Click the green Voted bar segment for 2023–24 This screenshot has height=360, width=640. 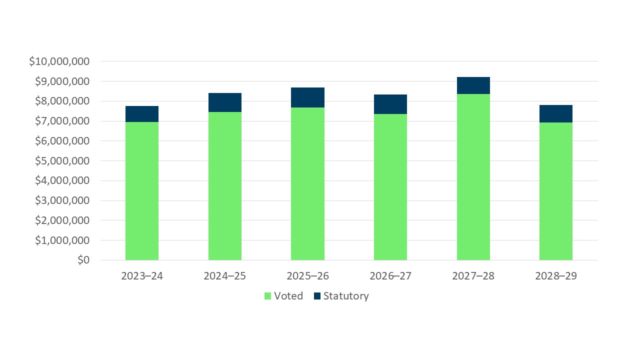(142, 191)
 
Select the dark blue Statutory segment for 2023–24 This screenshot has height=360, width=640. (142, 114)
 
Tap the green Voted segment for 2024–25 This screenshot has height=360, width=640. (225, 186)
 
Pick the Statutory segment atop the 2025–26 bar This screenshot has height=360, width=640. (307, 97)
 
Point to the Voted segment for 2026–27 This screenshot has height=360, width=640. (390, 187)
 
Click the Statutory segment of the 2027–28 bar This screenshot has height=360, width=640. (473, 85)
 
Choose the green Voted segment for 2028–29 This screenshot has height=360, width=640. (556, 191)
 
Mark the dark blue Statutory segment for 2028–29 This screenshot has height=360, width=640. (556, 114)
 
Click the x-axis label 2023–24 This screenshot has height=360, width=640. (142, 276)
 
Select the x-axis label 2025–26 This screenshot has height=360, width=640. (307, 276)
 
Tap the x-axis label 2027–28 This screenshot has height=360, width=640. (473, 276)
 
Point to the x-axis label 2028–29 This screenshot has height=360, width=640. (556, 276)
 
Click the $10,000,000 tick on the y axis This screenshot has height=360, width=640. (59, 61)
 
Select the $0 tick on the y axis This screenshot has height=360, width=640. (83, 260)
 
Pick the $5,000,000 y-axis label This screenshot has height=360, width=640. (62, 161)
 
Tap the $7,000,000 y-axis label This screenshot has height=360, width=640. (62, 121)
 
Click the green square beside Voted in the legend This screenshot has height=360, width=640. (268, 296)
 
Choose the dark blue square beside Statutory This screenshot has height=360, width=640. (317, 296)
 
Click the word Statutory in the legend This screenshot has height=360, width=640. (346, 296)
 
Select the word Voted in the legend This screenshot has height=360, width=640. (288, 296)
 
